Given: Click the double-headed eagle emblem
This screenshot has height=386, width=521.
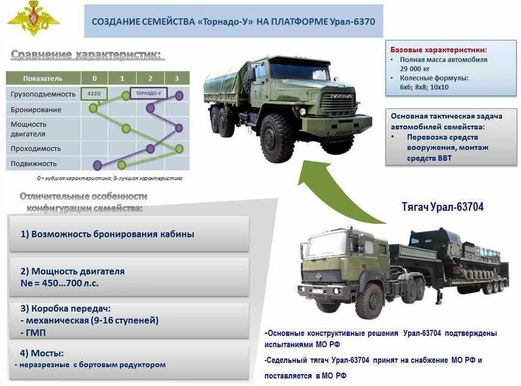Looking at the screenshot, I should click(33, 21).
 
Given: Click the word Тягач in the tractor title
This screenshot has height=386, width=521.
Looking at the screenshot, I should click(417, 207).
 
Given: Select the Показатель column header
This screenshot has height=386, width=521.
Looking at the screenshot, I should click(43, 79).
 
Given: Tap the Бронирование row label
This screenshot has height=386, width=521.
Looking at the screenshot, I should click(36, 110).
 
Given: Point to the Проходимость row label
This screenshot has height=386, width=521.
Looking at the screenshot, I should click(36, 149).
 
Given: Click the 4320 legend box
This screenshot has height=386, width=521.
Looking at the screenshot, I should click(94, 93).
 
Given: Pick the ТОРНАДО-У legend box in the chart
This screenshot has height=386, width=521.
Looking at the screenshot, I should click(148, 93).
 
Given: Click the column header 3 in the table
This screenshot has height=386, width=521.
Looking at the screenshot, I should click(177, 79).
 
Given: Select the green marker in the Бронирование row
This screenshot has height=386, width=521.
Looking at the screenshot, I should click(93, 108).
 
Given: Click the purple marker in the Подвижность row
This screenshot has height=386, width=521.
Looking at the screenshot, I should click(98, 165).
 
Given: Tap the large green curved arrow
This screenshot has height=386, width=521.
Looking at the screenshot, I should click(329, 189).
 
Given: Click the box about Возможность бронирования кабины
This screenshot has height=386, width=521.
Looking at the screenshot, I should click(130, 234).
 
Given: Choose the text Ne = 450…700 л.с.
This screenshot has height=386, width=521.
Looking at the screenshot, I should click(60, 282).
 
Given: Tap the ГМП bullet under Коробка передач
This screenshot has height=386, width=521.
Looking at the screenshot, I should click(35, 333).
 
